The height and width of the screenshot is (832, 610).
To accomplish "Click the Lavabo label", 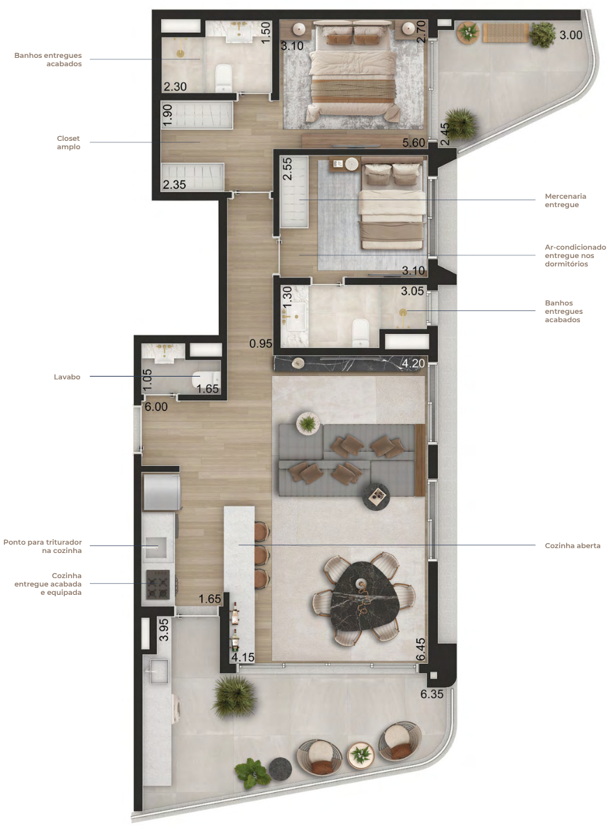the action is (x=67, y=377).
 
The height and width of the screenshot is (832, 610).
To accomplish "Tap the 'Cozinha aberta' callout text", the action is (x=572, y=545).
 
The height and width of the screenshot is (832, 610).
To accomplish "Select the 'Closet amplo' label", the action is (x=68, y=142).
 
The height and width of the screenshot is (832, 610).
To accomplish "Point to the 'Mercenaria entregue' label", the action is (x=565, y=200).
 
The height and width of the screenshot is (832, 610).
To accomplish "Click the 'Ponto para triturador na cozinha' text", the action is (x=43, y=546).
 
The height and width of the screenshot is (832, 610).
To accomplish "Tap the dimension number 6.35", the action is (x=432, y=693).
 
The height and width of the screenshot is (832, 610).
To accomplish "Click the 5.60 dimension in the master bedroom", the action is (x=413, y=142).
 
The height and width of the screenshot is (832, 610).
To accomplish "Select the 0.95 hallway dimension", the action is (x=261, y=343).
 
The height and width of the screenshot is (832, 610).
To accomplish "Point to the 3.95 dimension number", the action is (x=164, y=630).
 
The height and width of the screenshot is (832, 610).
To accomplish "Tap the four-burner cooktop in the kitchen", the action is (x=158, y=584).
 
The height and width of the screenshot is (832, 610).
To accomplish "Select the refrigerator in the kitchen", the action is (x=161, y=492).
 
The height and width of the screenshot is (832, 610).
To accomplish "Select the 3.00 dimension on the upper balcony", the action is (x=571, y=35).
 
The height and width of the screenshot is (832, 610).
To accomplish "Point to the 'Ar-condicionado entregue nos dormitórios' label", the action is (x=575, y=255).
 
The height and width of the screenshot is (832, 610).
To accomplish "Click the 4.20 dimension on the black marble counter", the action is (x=413, y=363).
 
